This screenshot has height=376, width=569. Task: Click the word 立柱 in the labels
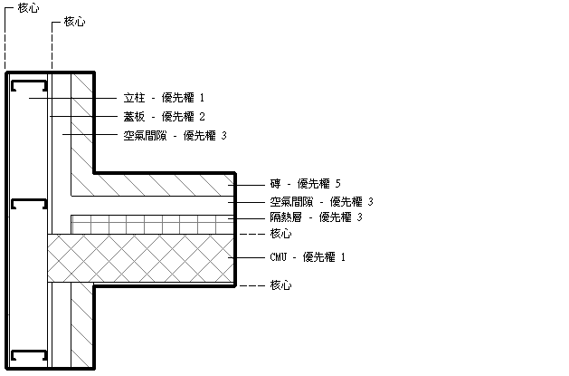coord(134,97)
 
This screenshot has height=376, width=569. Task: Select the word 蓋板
coord(134,116)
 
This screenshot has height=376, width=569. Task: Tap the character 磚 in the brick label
coord(275,184)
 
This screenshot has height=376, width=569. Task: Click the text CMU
coord(279,257)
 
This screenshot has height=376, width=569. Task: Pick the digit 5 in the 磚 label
coord(337,184)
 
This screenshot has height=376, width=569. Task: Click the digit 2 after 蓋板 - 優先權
coord(203,116)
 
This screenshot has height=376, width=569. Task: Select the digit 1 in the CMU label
coord(342,257)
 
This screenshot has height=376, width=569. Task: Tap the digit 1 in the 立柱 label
coord(203,97)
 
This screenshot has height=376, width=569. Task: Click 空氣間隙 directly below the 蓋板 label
coord(146,136)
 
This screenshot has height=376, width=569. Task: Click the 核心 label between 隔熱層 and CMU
coord(280,234)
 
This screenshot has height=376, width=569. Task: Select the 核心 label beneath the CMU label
coord(280,285)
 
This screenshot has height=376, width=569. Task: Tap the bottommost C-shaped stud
coord(30,354)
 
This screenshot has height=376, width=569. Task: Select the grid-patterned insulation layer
coord(149,223)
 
